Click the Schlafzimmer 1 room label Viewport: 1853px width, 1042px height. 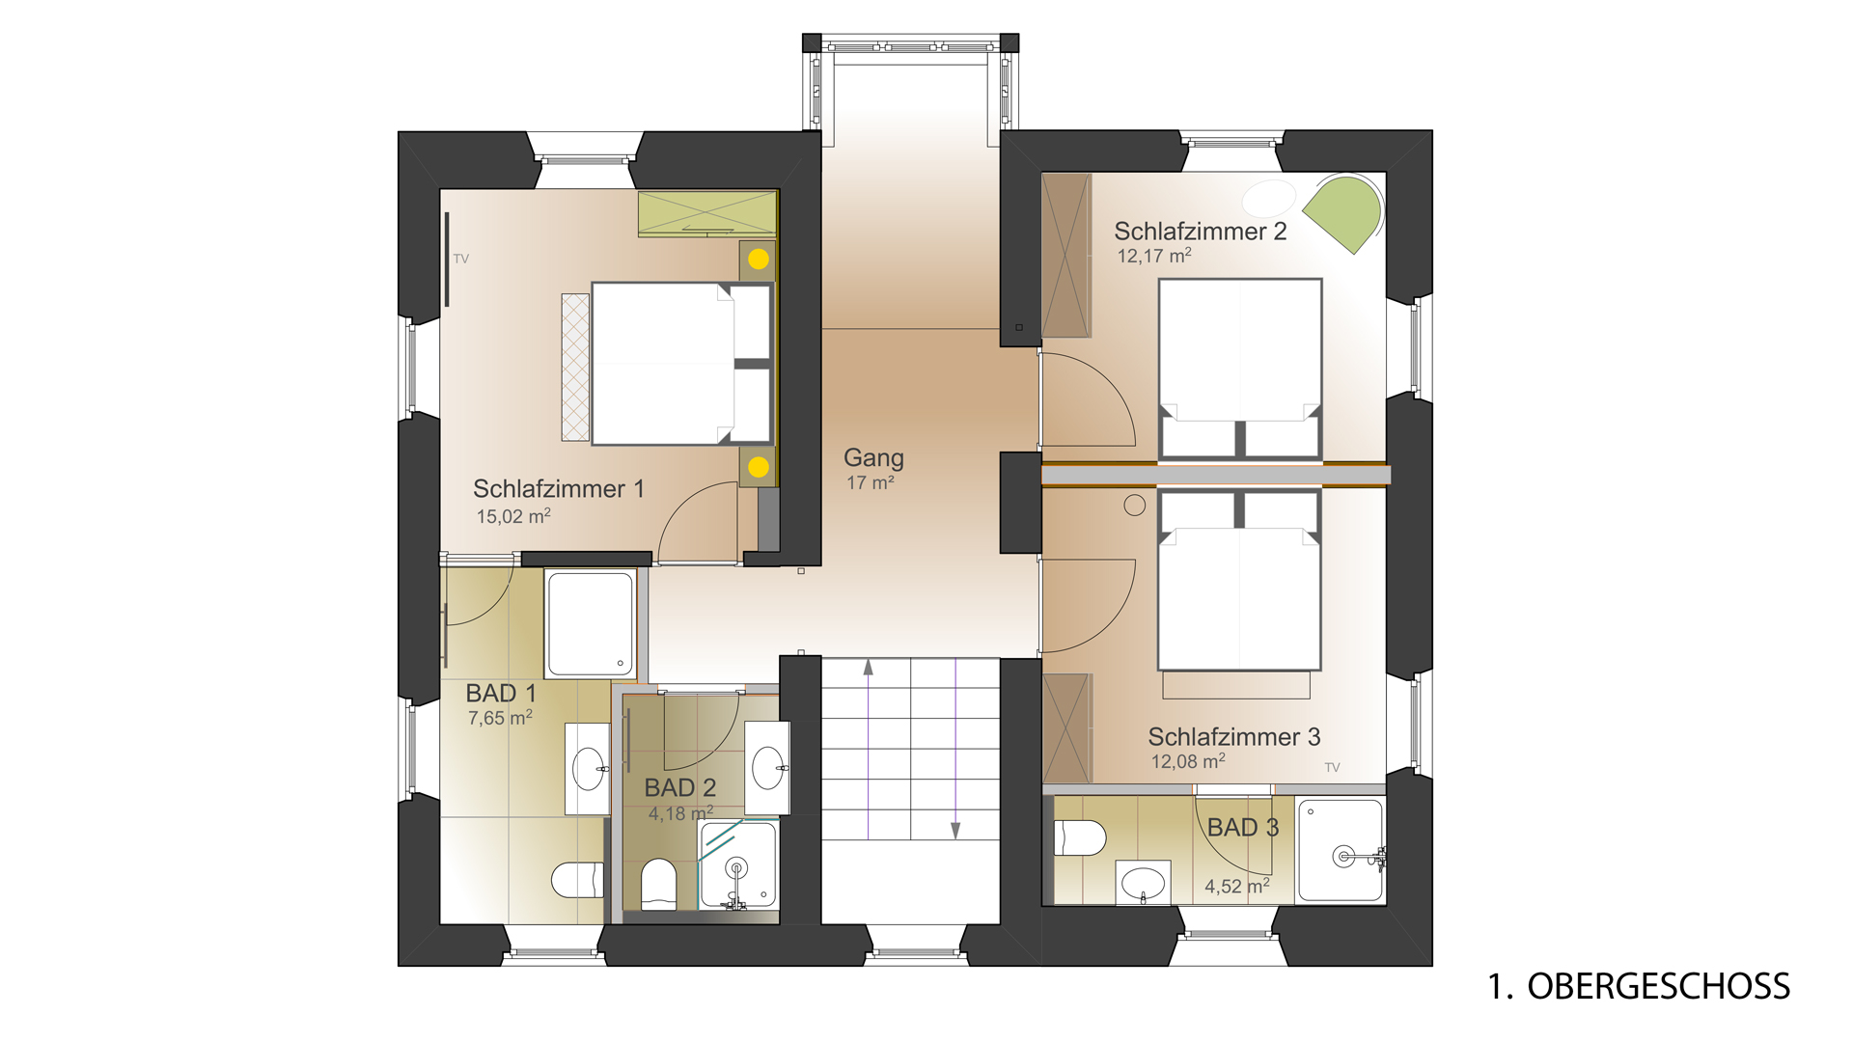558,489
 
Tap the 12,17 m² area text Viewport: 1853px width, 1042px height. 1154,256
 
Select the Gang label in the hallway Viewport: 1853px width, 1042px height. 873,458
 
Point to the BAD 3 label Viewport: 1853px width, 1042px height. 1243,828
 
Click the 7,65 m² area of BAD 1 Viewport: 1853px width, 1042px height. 500,718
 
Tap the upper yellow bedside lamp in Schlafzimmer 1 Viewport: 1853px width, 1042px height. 759,259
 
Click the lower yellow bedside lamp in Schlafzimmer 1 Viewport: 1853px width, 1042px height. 759,467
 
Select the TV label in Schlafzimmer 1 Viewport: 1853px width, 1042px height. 461,259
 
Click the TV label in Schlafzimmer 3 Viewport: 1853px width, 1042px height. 1333,768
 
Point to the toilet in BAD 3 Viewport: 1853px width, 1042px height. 1080,837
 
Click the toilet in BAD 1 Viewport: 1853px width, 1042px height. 578,880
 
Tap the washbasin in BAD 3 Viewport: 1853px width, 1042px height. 1144,882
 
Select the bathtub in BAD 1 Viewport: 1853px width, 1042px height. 591,623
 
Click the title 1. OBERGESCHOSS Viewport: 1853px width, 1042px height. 1639,986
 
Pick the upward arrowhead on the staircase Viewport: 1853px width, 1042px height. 869,667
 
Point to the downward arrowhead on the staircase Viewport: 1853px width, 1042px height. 955,831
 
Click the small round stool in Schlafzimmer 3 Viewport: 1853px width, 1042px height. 1135,505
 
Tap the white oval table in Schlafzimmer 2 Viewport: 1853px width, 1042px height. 1269,198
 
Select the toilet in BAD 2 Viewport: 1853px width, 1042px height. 659,884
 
